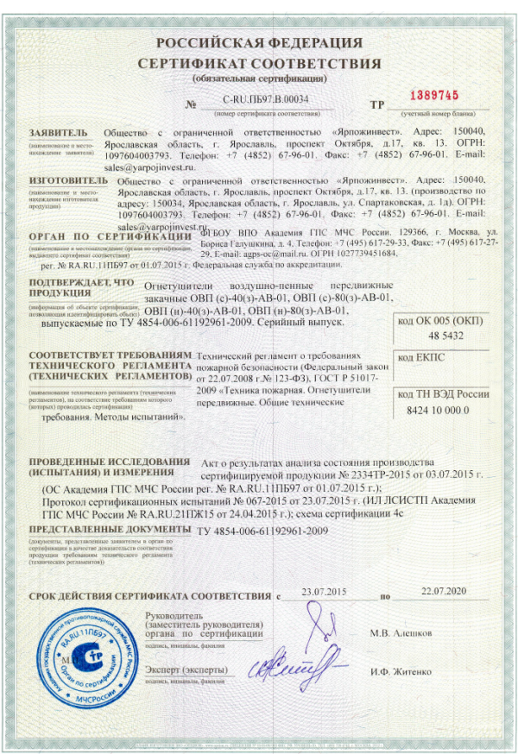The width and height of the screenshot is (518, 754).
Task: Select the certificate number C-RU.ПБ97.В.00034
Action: click(265, 102)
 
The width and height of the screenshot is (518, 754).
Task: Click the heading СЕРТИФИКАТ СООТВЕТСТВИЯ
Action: click(259, 65)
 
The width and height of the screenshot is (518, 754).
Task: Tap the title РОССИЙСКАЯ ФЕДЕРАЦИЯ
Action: click(259, 43)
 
